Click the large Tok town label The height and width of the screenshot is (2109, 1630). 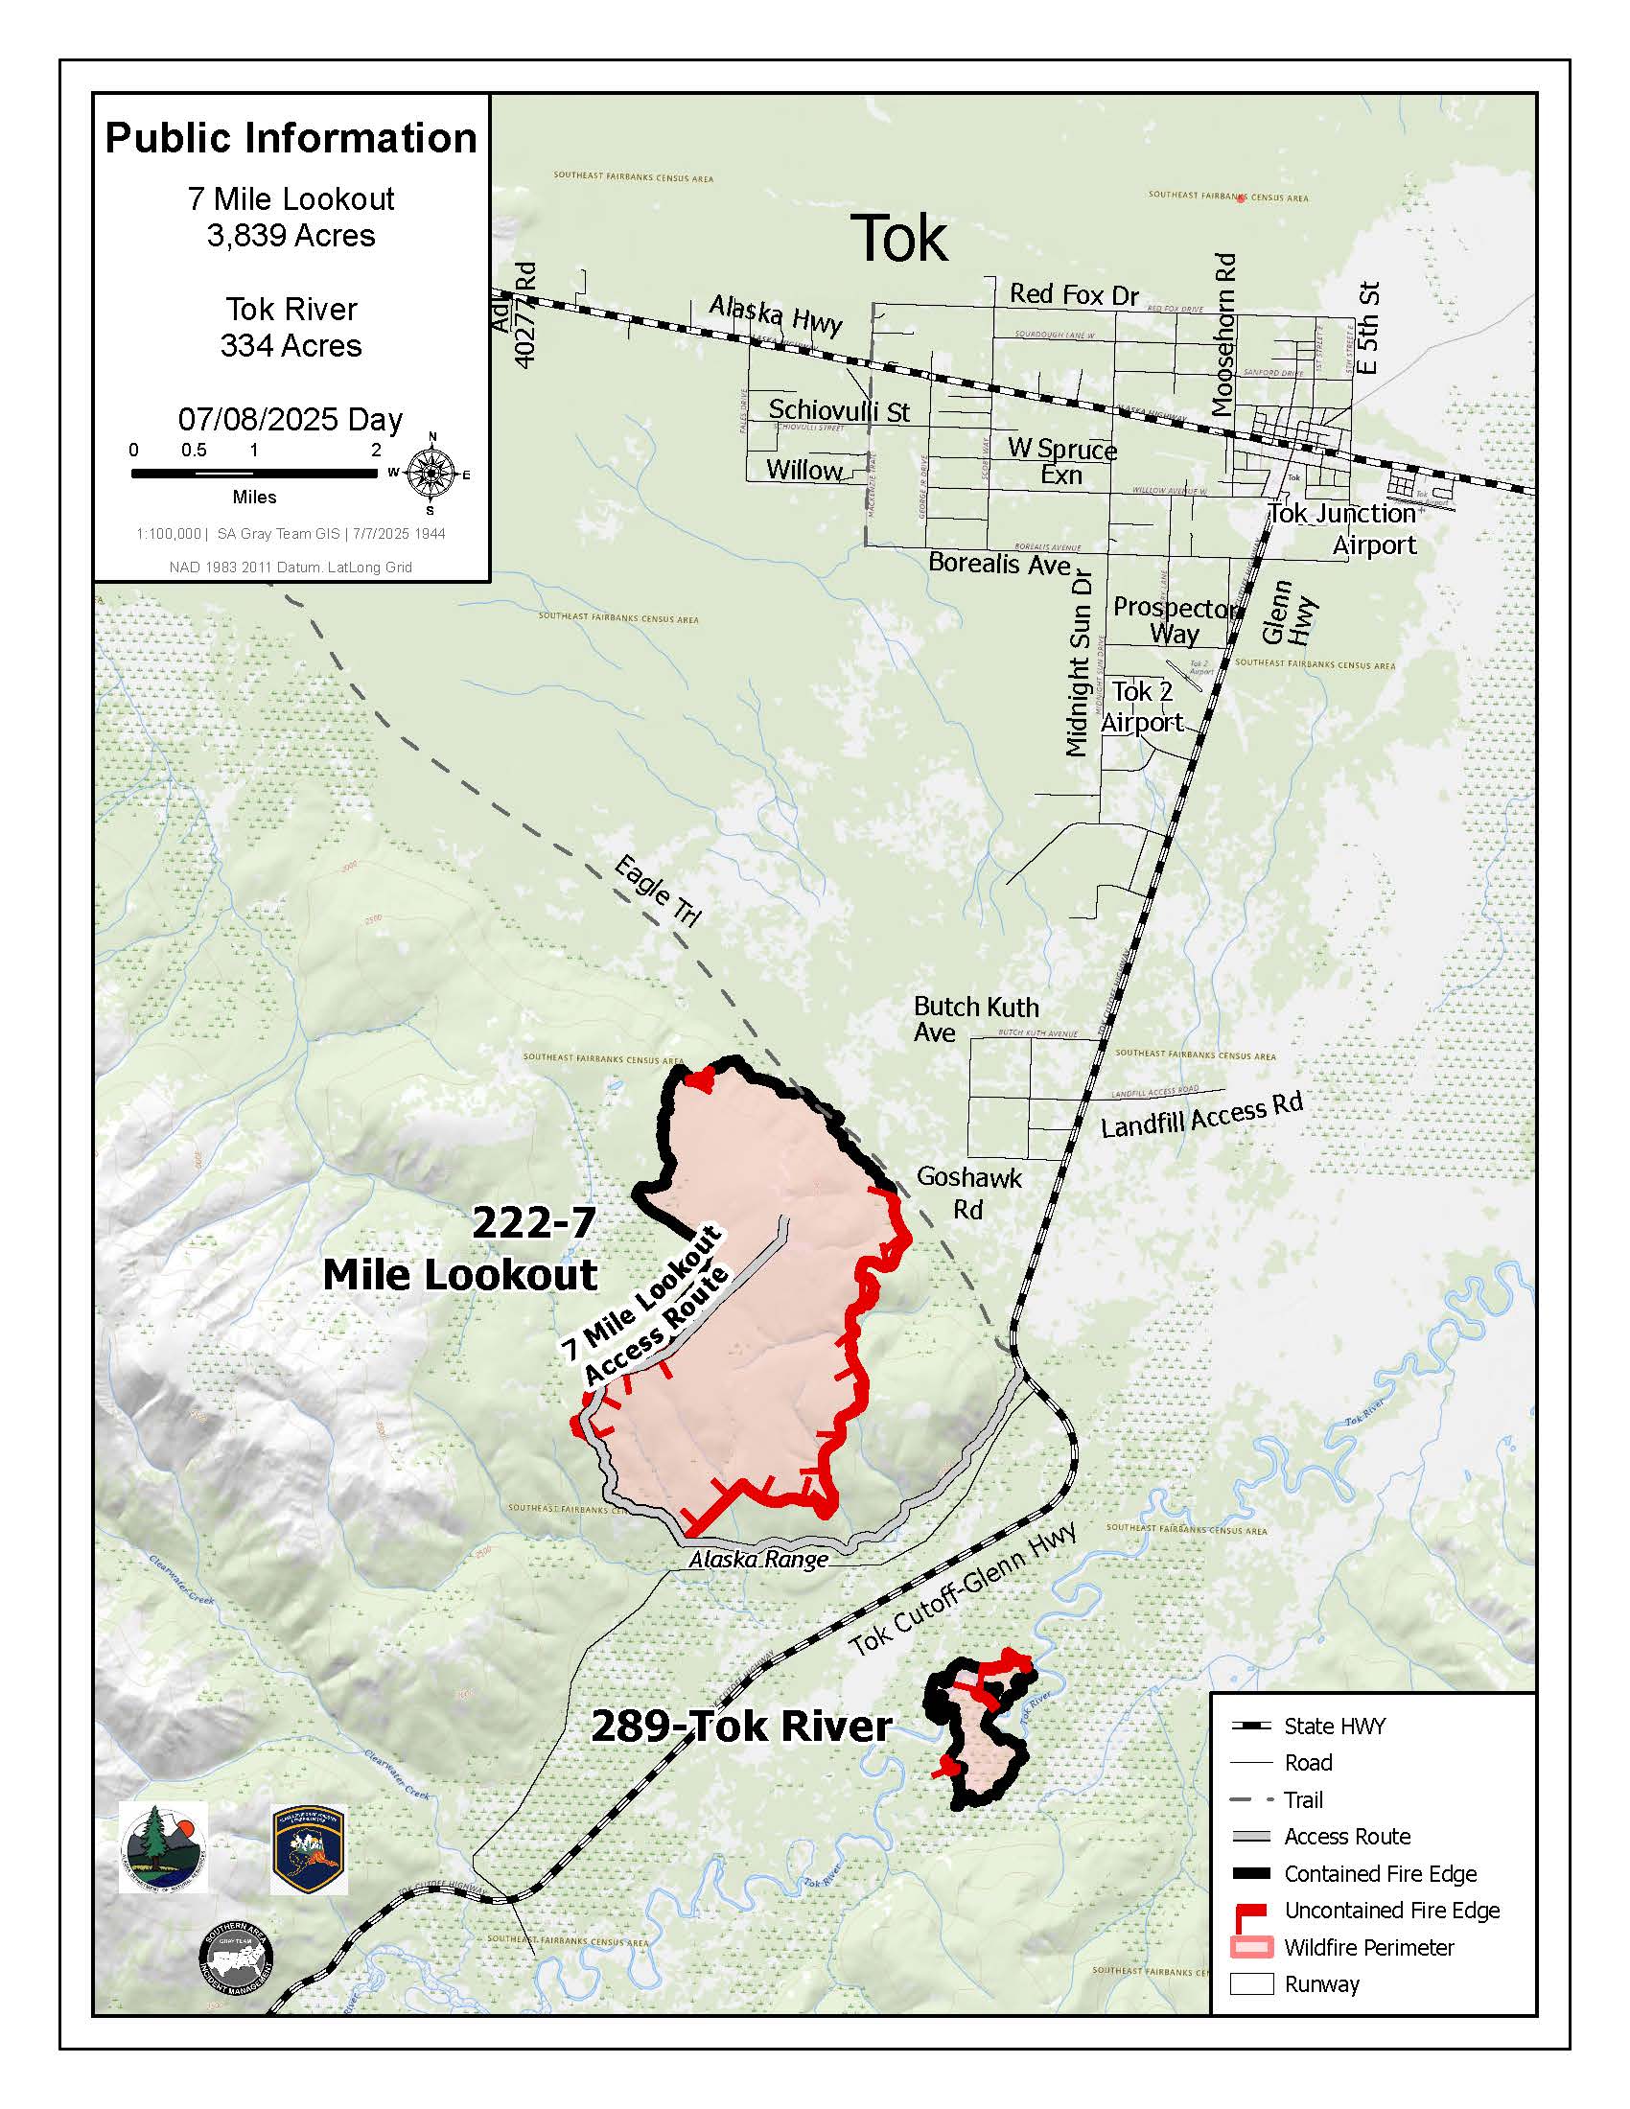898,239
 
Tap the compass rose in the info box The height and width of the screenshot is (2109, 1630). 431,474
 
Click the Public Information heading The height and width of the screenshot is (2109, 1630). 291,138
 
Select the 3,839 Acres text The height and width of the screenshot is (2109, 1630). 291,236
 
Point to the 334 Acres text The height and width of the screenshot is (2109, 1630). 291,346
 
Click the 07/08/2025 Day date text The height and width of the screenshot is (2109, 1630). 291,419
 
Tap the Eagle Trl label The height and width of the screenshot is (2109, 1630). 657,892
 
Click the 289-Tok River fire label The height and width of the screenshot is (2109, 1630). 740,1727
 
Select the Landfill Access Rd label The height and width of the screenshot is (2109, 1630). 1201,1115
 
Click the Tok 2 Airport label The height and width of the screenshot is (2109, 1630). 1141,707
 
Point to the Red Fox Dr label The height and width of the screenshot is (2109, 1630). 1074,294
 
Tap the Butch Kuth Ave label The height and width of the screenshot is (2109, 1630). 975,1020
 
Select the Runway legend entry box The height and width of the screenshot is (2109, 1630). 1251,1985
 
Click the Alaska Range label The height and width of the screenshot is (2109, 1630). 758,1560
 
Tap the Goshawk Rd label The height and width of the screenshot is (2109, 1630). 968,1193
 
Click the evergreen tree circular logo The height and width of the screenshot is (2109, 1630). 162,1846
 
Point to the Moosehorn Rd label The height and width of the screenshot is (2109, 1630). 1223,335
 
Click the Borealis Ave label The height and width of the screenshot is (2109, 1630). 999,564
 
